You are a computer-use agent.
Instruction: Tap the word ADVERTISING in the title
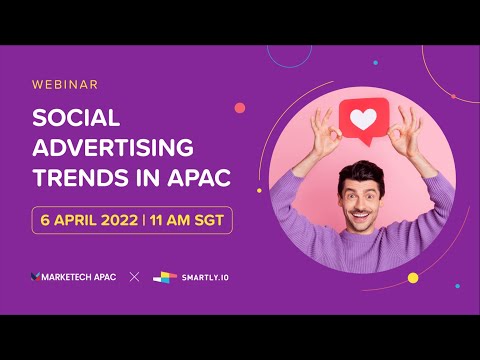(x=112, y=149)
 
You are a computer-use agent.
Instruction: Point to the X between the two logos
(x=134, y=276)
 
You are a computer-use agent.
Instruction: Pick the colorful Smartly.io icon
(x=165, y=276)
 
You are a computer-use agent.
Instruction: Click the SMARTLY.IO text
(x=204, y=277)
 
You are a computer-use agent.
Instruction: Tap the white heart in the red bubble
(x=363, y=121)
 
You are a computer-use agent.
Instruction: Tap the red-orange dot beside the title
(x=240, y=108)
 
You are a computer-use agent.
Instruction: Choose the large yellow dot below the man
(x=412, y=277)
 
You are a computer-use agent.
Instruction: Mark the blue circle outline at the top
(x=290, y=52)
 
